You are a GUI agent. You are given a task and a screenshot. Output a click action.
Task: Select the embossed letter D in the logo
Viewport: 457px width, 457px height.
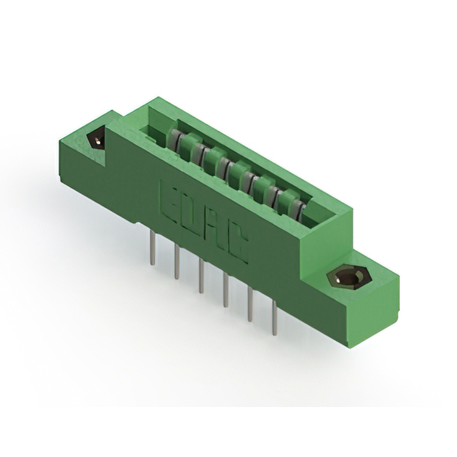pyautogui.click(x=188, y=217)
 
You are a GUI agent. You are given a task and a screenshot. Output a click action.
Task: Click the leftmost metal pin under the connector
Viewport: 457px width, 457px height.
pyautogui.click(x=153, y=250)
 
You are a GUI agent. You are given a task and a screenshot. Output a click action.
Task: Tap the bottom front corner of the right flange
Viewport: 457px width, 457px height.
pyautogui.click(x=349, y=346)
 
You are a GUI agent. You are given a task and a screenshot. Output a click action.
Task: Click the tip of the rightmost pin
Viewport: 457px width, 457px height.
pyautogui.click(x=274, y=330)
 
